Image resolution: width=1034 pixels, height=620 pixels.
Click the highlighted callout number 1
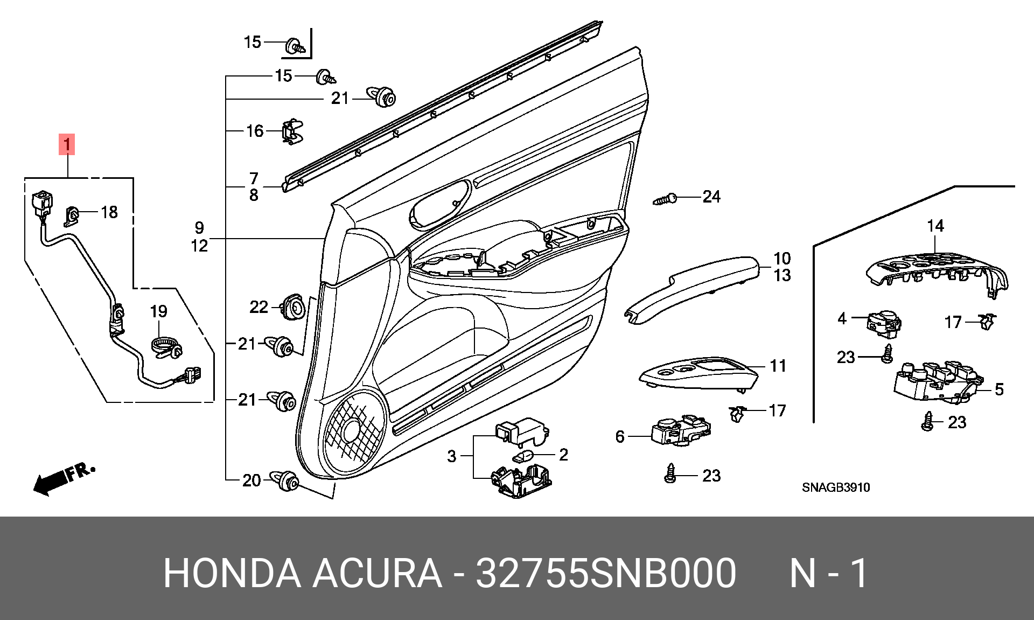[67, 144]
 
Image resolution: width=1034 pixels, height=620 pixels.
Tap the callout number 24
[711, 197]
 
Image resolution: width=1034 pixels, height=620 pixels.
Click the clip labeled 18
[72, 216]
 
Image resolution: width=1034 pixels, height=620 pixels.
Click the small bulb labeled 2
[522, 457]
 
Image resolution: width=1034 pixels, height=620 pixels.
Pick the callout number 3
[452, 456]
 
